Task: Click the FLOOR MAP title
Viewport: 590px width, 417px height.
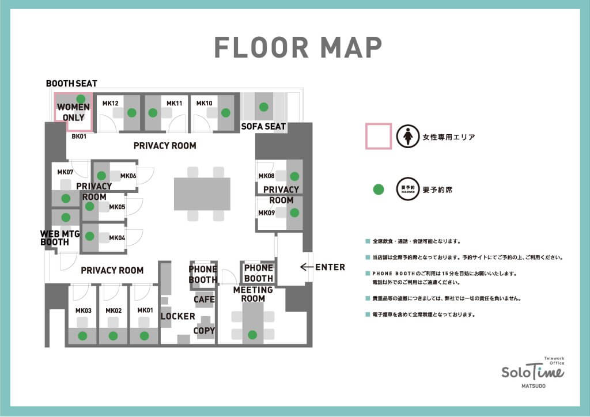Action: point(298,47)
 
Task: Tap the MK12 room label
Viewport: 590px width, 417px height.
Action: point(110,103)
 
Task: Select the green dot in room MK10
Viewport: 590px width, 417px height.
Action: point(226,112)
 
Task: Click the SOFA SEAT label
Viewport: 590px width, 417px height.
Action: point(263,126)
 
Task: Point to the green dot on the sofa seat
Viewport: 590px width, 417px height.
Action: point(264,107)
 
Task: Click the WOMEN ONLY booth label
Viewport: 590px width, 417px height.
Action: point(73,112)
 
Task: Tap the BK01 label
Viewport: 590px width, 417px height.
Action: point(79,137)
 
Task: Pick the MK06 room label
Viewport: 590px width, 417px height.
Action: point(128,176)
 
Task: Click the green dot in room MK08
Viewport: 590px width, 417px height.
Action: point(294,176)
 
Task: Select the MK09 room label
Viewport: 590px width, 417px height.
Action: point(266,213)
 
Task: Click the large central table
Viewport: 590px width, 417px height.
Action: point(202,194)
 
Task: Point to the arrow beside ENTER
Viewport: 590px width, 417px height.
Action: point(307,267)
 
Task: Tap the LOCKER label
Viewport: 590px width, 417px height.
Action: point(178,316)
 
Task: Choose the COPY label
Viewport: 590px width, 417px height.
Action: point(204,331)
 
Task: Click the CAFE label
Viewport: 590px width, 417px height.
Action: point(205,300)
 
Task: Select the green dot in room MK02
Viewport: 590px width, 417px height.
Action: point(114,336)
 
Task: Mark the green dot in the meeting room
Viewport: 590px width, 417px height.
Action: point(252,335)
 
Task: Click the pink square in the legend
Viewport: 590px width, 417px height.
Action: point(379,136)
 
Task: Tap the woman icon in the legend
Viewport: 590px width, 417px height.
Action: point(408,136)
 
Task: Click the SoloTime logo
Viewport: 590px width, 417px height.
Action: point(533,372)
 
